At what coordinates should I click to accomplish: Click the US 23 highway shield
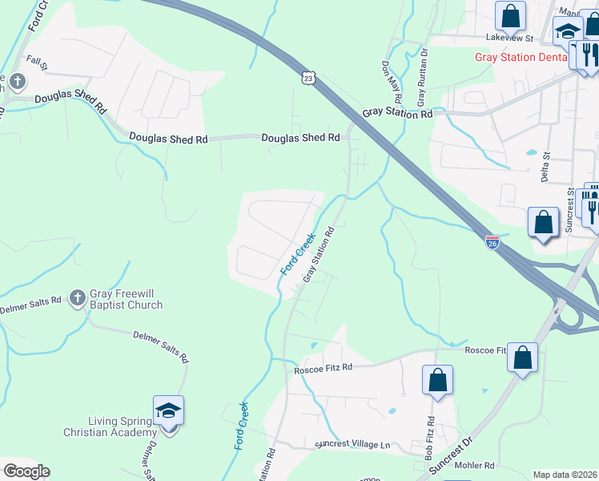click(x=310, y=77)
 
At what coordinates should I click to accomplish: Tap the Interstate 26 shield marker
click(x=492, y=242)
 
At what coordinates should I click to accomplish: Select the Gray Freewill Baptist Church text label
click(x=126, y=299)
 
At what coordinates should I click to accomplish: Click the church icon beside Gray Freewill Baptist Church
click(x=77, y=299)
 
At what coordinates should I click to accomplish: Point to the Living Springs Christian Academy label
click(x=111, y=426)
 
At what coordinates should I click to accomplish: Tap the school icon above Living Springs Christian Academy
click(x=169, y=411)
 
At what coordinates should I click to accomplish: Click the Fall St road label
click(x=38, y=60)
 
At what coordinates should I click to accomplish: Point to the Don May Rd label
click(x=391, y=81)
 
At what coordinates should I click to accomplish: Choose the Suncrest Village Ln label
click(x=352, y=444)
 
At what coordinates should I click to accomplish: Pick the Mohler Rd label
click(x=475, y=465)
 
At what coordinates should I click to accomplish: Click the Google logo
click(x=26, y=471)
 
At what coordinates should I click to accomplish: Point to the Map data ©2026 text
click(x=565, y=475)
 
